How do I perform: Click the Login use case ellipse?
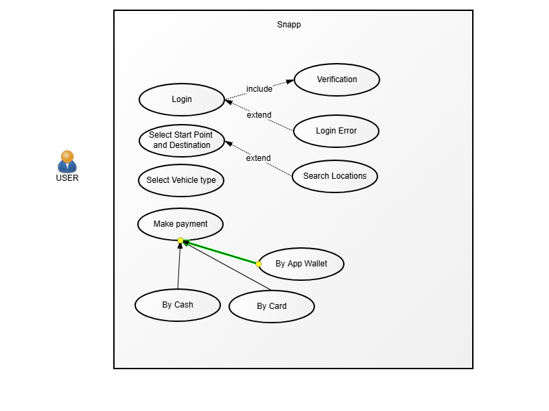tap(182, 100)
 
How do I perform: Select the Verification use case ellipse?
tap(337, 80)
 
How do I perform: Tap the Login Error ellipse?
tap(336, 131)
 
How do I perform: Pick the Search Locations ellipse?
tap(335, 176)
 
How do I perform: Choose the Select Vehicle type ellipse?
tap(181, 181)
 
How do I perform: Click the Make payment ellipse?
tap(180, 224)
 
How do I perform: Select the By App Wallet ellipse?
tap(301, 264)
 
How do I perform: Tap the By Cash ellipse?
tap(178, 306)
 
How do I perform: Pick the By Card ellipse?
tap(272, 306)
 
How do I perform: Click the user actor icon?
tap(67, 162)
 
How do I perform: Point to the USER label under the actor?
tap(67, 178)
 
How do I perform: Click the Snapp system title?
tap(289, 25)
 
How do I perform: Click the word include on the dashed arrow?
tap(259, 89)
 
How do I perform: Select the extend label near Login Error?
tap(259, 115)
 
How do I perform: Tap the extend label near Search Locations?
tap(258, 158)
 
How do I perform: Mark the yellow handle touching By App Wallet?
tap(259, 264)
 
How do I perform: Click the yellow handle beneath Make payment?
tap(180, 240)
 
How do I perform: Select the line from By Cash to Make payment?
tap(179, 267)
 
